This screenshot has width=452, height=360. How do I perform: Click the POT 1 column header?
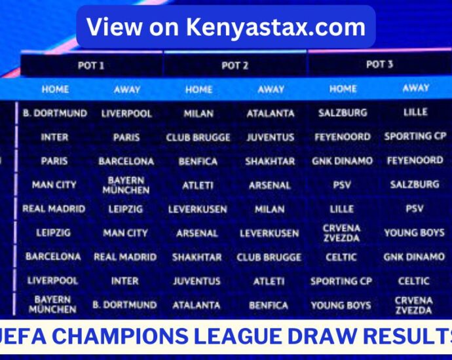[91, 65]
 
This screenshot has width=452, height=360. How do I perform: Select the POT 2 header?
[235, 65]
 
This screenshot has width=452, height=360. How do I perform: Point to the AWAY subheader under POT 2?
[271, 89]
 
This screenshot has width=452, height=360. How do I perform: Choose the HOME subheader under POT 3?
[343, 88]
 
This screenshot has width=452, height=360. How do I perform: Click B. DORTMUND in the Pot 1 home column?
[54, 113]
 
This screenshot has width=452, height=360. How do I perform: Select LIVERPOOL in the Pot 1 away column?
[126, 113]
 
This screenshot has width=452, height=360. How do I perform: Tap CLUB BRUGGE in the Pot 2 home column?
[198, 137]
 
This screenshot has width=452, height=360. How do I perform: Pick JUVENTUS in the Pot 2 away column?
[271, 137]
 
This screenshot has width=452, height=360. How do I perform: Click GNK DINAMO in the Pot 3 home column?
[342, 161]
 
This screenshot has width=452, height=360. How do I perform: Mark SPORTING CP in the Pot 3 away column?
[415, 137]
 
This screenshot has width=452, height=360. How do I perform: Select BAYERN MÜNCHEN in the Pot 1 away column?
[126, 185]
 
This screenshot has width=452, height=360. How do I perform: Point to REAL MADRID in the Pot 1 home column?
[54, 209]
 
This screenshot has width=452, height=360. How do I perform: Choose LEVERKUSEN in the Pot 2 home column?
[198, 209]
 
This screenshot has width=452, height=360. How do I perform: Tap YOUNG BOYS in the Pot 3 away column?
[414, 232]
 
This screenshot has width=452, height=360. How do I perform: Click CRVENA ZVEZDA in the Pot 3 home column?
[341, 233]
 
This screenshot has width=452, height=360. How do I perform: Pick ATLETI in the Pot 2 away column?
[269, 281]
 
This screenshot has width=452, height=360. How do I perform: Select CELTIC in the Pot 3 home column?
[341, 257]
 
